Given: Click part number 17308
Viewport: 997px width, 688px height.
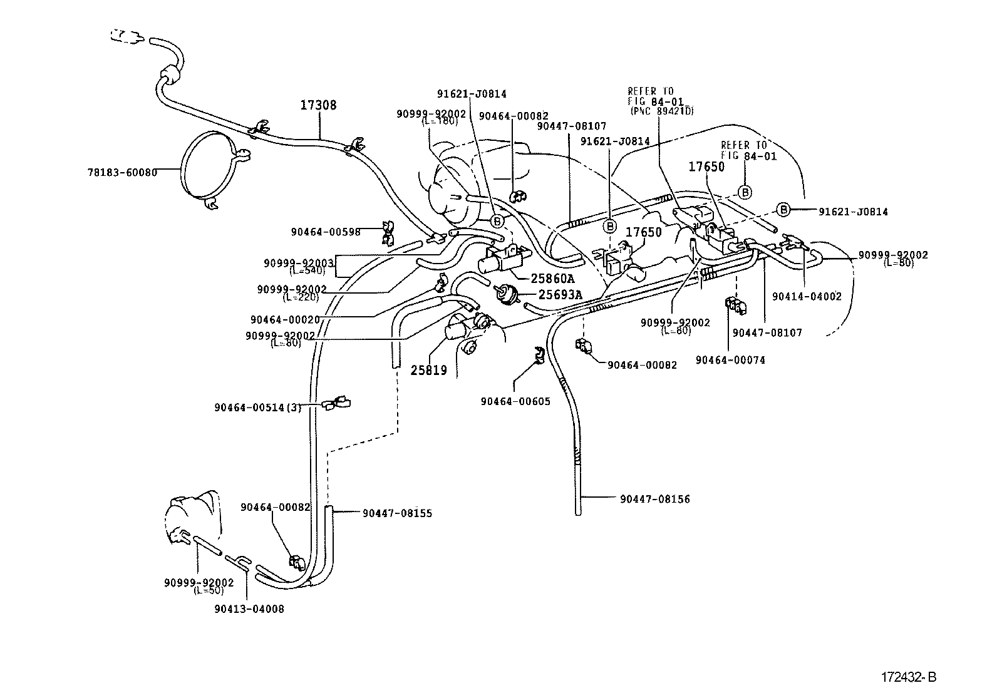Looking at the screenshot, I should pos(318,105).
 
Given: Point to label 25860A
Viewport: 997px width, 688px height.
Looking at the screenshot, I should pos(552,279).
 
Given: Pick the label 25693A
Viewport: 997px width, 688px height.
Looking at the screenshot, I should pos(560,295).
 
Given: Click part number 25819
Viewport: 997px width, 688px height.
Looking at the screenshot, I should pos(428,370).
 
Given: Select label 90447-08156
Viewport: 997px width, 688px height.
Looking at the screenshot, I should pos(655,499).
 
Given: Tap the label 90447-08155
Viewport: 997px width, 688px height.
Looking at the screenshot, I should pos(397,513).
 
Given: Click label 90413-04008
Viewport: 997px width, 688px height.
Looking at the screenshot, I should pos(249,608).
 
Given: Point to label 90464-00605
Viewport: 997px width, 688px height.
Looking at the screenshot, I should pos(515,401).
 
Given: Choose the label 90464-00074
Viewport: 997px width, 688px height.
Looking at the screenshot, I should pos(730,360).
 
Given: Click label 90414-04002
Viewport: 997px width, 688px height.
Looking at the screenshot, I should pos(807,297).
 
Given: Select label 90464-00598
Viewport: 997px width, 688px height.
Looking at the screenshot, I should pos(325,232).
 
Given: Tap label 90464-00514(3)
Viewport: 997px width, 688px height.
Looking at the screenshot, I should pos(257,408).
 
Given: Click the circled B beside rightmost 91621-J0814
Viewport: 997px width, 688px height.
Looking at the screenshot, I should pos(783,209).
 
